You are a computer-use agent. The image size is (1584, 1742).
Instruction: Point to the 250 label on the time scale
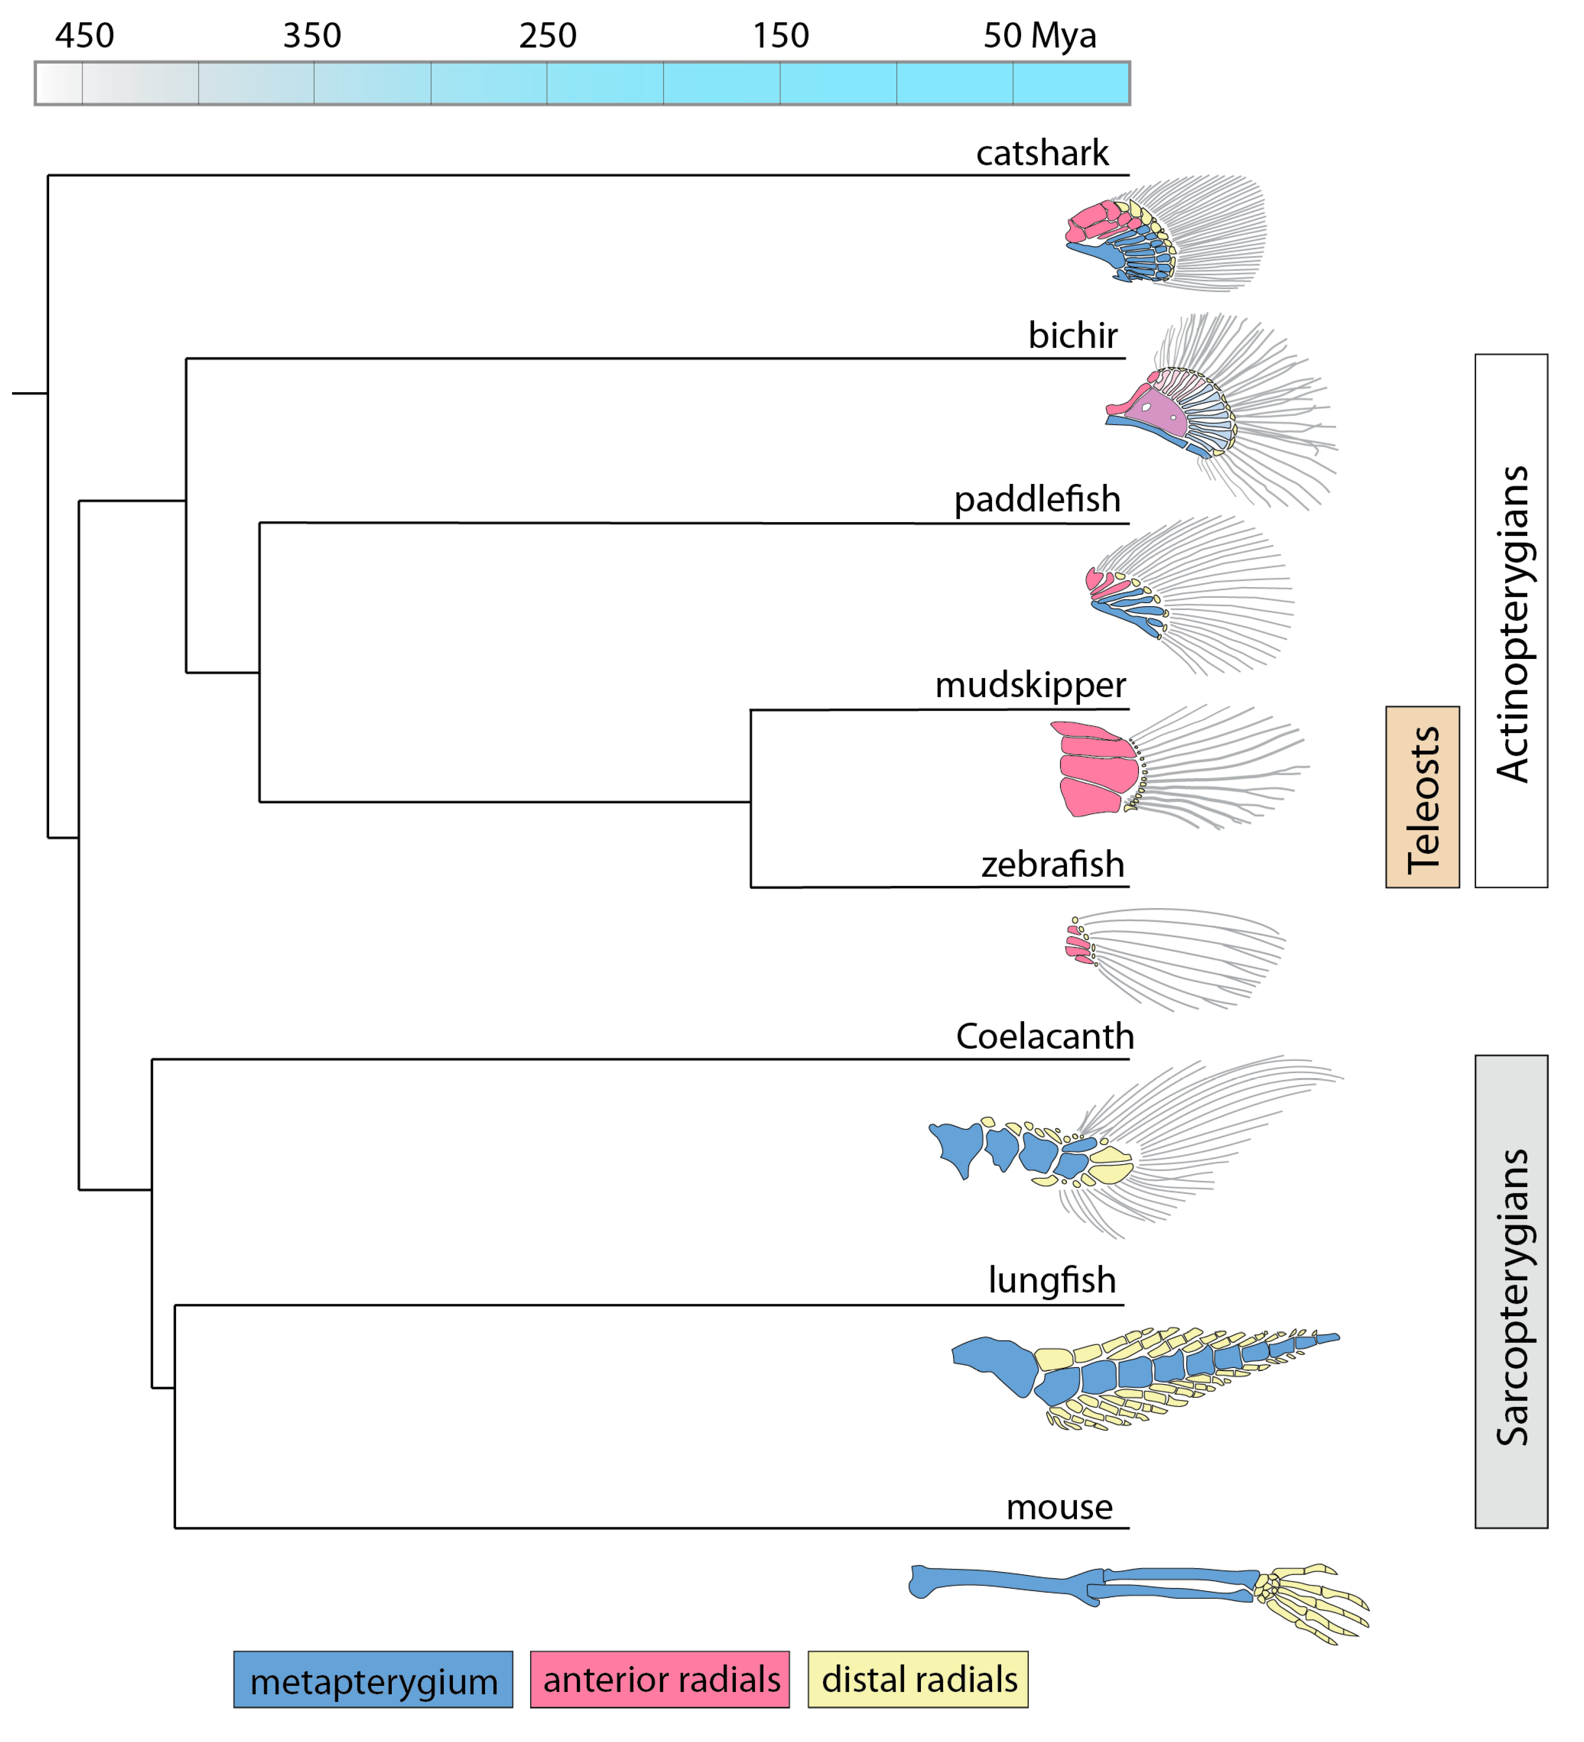[x=547, y=36]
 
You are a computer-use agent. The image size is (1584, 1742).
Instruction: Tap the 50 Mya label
[x=1040, y=36]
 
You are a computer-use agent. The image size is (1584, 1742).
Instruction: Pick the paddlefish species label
[x=1036, y=499]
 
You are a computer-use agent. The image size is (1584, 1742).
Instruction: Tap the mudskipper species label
[x=1030, y=685]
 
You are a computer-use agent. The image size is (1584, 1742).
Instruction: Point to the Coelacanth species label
[x=1044, y=1036]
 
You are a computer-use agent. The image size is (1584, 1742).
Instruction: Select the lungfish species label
[x=1052, y=1280]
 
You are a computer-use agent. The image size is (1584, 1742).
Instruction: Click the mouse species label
[x=1059, y=1507]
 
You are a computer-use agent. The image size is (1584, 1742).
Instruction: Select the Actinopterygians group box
[x=1511, y=620]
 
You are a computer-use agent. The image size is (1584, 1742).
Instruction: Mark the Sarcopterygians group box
[x=1511, y=1291]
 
